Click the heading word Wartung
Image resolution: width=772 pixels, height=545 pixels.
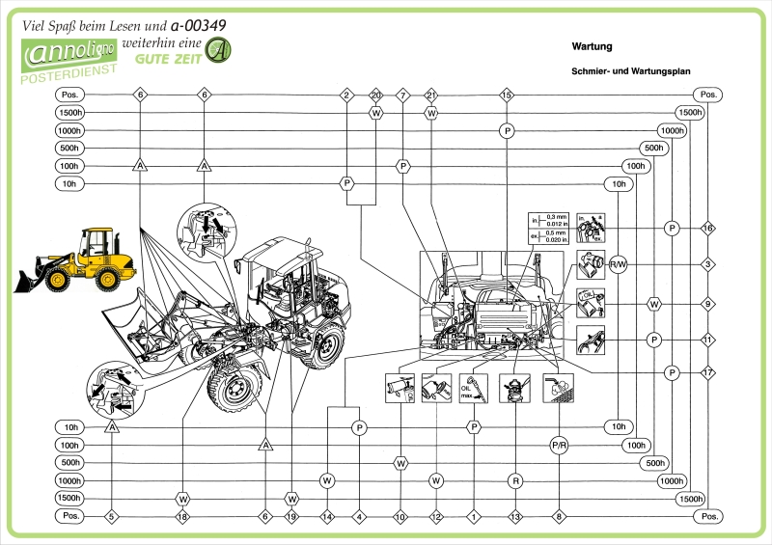coord(592,45)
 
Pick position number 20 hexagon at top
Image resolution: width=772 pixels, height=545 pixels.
coord(376,95)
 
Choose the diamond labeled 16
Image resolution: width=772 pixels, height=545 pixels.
coord(708,229)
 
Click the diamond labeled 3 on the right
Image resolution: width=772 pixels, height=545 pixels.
coord(708,263)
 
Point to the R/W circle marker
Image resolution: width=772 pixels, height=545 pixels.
coord(618,263)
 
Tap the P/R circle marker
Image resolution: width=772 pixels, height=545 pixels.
coord(559,446)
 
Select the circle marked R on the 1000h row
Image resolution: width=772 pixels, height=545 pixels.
coord(516,479)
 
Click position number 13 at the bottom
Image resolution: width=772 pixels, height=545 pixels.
coord(516,516)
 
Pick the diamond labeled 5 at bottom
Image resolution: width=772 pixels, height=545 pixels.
coord(111,516)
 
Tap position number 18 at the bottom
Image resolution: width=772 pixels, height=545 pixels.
coord(182,516)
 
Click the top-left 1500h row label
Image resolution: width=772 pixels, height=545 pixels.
coord(69,113)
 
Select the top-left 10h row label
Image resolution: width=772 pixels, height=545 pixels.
coord(69,183)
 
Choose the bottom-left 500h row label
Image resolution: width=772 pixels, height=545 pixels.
coord(69,463)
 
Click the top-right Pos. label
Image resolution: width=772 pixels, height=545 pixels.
coord(708,95)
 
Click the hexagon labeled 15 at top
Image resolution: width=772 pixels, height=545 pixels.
coord(507,95)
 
